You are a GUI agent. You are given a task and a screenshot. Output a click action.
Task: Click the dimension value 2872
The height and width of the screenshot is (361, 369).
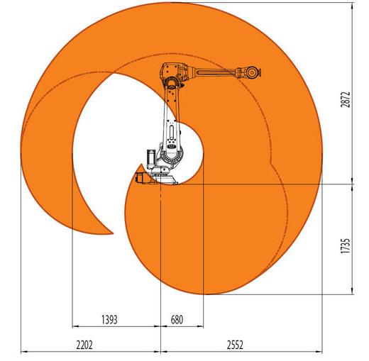coord(345,99)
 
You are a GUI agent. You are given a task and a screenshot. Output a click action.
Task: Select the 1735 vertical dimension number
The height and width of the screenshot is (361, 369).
coord(345,246)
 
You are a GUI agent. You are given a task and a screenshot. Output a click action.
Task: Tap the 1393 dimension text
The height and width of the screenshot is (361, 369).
coord(109,320)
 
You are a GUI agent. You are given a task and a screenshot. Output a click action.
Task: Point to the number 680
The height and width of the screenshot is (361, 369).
coord(177,320)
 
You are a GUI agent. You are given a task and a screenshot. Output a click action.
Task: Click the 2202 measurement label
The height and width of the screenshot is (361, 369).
coord(84,345)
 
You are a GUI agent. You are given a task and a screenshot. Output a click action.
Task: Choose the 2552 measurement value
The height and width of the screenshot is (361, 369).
coord(235,345)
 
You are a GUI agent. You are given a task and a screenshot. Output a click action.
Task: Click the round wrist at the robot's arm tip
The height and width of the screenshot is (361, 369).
coord(252,72)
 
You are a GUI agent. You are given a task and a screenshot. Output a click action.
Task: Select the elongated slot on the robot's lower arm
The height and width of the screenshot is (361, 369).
coord(171,131)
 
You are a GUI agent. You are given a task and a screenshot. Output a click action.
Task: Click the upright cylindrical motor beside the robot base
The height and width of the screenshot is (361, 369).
coord(150,158)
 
